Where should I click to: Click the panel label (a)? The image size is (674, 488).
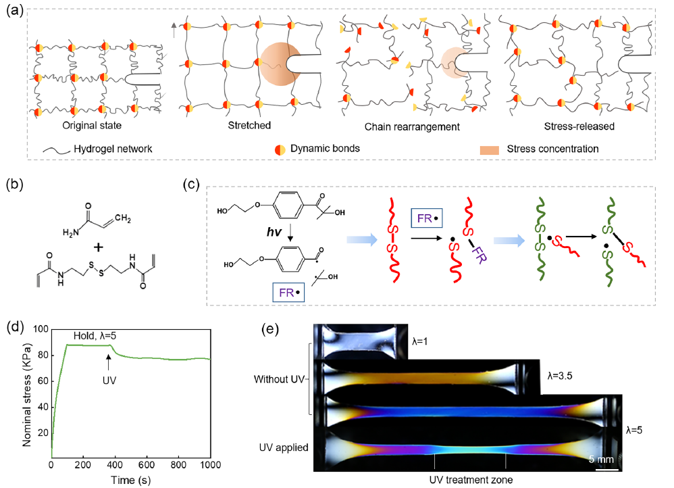pyautogui.click(x=14, y=9)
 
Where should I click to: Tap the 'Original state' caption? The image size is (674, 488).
pyautogui.click(x=92, y=125)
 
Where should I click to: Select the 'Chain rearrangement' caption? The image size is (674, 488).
pyautogui.click(x=412, y=127)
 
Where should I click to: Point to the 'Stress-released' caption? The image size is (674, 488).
pyautogui.click(x=579, y=126)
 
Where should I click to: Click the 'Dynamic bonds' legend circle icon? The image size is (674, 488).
pyautogui.click(x=280, y=150)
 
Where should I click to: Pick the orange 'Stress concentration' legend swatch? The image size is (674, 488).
pyautogui.click(x=489, y=150)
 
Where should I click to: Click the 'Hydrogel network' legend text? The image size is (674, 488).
pyautogui.click(x=113, y=149)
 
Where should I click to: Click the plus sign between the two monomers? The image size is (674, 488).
pyautogui.click(x=99, y=247)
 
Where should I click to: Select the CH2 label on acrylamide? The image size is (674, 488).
pyautogui.click(x=122, y=218)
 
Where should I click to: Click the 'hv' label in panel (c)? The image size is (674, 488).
pyautogui.click(x=274, y=232)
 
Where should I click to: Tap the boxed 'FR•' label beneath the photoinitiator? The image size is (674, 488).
pyautogui.click(x=288, y=293)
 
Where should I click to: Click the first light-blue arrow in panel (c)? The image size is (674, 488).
pyautogui.click(x=362, y=240)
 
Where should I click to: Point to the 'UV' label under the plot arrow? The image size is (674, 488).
pyautogui.click(x=109, y=381)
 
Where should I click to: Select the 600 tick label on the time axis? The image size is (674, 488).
pyautogui.click(x=147, y=465)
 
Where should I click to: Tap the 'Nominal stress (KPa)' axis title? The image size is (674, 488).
pyautogui.click(x=27, y=395)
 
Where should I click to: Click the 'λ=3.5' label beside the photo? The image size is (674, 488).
pyautogui.click(x=560, y=376)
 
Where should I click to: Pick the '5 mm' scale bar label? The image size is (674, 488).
pyautogui.click(x=601, y=459)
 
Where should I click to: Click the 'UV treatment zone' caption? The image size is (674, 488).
pyautogui.click(x=471, y=479)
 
